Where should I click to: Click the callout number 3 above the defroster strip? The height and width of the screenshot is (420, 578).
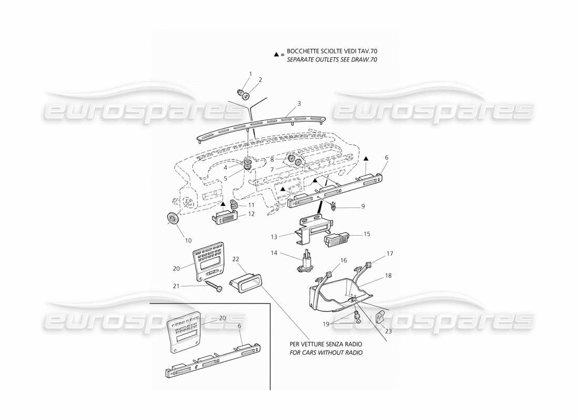[299, 103]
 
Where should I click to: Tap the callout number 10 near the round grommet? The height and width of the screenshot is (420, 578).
[188, 241]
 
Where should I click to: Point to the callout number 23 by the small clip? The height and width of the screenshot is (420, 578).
[388, 331]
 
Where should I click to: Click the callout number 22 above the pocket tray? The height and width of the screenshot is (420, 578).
[236, 259]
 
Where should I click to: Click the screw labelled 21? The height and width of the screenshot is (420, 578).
[215, 286]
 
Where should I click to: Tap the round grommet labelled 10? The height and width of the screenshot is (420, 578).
[172, 219]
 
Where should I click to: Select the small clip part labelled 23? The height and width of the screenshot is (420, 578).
[380, 317]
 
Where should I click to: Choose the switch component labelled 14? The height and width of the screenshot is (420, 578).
[303, 261]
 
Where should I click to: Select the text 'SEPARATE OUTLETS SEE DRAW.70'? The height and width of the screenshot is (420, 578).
[332, 59]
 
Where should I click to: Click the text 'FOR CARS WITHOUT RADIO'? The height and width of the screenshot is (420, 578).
[326, 352]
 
